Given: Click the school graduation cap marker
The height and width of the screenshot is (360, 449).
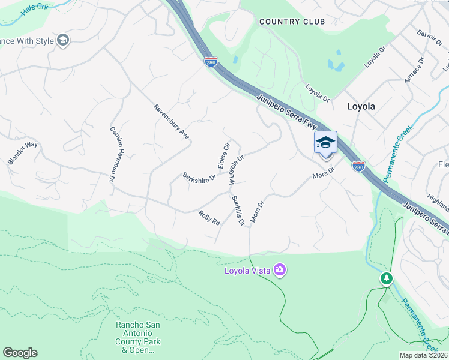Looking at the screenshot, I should point(325,143).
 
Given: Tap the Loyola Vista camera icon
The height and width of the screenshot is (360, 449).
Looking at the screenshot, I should point(279,270).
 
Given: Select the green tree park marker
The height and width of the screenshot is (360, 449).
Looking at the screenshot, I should point(387,279).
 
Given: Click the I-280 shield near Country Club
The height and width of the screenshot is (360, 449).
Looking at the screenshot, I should point(210,62).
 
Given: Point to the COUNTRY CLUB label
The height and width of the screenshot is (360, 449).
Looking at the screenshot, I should point(292,22).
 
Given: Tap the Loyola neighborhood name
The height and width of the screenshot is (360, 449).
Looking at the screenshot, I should point(361,106).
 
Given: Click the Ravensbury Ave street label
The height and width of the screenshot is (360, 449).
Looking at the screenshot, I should point(172,122).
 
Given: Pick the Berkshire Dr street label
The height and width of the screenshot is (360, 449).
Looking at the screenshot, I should point(199,178).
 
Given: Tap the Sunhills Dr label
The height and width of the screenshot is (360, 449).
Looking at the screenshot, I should point(238,210).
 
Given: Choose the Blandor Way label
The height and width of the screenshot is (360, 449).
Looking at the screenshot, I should point(23,154).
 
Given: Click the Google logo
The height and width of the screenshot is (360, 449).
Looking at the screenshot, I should point(20,353).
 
